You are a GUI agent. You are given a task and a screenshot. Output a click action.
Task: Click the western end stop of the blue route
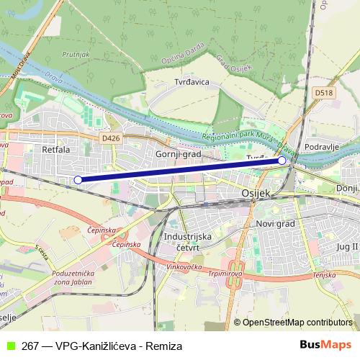click(x=78, y=179)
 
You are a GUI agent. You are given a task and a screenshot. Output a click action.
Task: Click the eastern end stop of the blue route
click(x=282, y=161)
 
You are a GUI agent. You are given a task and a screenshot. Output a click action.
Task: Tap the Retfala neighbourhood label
click(x=55, y=150)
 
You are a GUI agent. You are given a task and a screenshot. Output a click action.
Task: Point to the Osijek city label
click(x=254, y=194)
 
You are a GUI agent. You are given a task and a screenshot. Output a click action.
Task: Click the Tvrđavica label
click(x=192, y=82)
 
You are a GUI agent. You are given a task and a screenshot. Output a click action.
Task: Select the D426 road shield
click(x=110, y=137)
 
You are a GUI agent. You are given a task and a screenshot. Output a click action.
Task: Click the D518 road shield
click(x=323, y=92)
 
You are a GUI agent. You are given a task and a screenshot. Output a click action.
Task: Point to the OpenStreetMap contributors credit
click(x=297, y=323)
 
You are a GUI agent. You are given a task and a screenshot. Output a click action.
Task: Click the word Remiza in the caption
click(x=164, y=346)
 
